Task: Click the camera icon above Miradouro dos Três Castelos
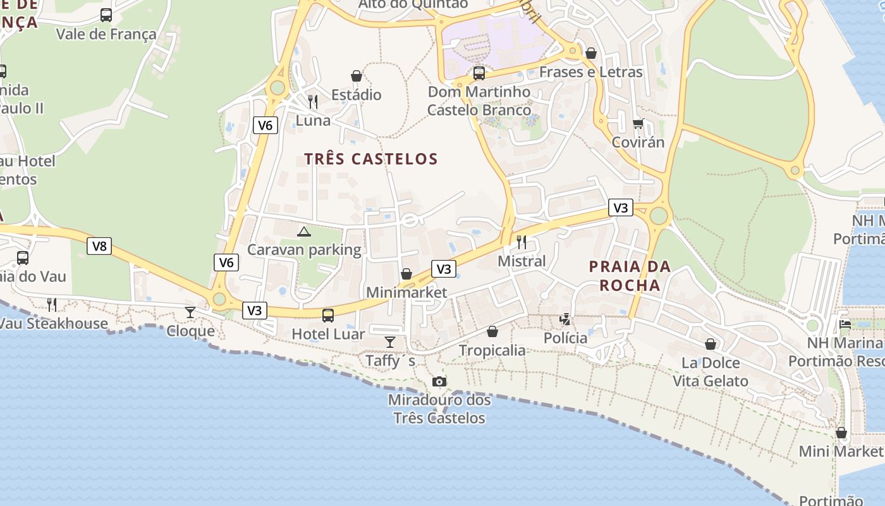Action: click(439, 381)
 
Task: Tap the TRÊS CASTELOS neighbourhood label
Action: click(371, 159)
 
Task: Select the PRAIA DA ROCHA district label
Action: click(630, 276)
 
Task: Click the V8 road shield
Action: click(99, 246)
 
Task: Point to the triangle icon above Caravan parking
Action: click(304, 231)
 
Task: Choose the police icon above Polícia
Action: click(565, 319)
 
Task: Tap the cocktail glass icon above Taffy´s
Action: click(390, 342)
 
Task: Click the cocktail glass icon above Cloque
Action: click(190, 312)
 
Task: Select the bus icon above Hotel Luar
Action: click(327, 315)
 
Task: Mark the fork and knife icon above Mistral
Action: click(522, 242)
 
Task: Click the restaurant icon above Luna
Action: click(313, 101)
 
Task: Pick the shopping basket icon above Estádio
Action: click(357, 76)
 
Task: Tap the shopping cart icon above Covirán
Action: click(638, 123)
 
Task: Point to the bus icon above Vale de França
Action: click(106, 15)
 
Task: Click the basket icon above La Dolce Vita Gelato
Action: click(711, 344)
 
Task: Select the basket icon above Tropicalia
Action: click(492, 331)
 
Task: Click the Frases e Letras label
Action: click(590, 72)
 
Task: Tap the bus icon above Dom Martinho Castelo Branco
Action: click(479, 73)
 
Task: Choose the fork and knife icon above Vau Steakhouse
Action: click(52, 305)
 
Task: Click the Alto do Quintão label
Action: click(413, 4)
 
